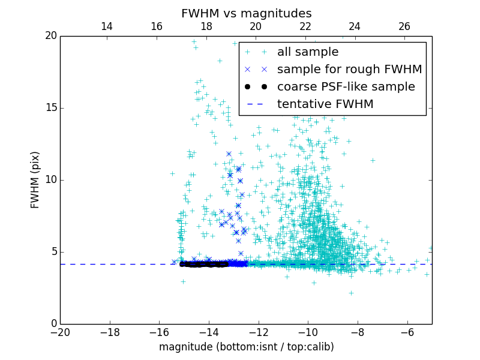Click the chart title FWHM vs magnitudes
point(246,13)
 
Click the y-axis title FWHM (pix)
point(35,180)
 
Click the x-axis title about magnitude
point(246,347)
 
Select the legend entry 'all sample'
point(308,52)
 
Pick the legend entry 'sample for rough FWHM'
point(349,70)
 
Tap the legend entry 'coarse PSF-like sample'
point(346,87)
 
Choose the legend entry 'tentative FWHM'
point(325,104)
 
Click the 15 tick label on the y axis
point(50,108)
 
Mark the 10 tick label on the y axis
point(50,180)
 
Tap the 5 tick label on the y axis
point(53,252)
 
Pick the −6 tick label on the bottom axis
point(407,332)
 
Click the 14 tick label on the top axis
point(107,26)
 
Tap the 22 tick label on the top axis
point(305,26)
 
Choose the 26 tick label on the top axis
point(404,26)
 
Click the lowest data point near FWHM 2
point(351,293)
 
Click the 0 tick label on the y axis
point(53,324)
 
